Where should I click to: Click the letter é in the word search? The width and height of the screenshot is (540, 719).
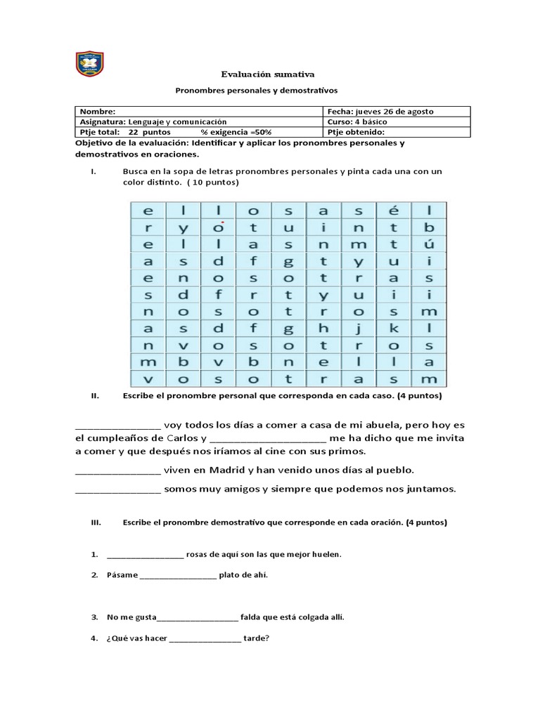pyautogui.click(x=395, y=210)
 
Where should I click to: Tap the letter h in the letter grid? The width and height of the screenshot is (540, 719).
pyautogui.click(x=324, y=328)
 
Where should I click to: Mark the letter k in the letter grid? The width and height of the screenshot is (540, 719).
pyautogui.click(x=395, y=328)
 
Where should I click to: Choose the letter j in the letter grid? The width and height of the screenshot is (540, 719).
pyautogui.click(x=359, y=328)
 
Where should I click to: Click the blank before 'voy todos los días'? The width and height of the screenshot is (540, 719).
pyautogui.click(x=117, y=426)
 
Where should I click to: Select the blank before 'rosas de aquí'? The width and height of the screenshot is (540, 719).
pyautogui.click(x=146, y=555)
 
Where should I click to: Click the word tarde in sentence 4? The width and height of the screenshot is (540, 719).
pyautogui.click(x=256, y=638)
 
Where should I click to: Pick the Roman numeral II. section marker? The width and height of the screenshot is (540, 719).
pyautogui.click(x=96, y=396)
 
